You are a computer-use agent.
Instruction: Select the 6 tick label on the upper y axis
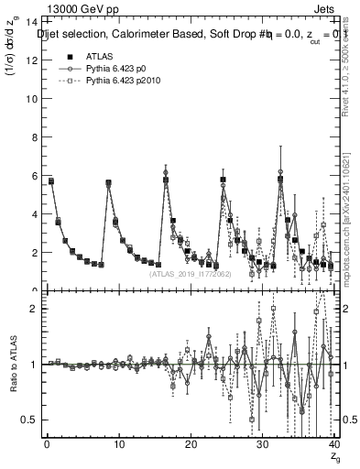pos(33,176)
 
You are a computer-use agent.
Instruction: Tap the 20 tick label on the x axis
pos(190,445)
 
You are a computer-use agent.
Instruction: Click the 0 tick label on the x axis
pos(46,445)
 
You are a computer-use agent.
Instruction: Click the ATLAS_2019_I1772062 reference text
pos(190,272)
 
